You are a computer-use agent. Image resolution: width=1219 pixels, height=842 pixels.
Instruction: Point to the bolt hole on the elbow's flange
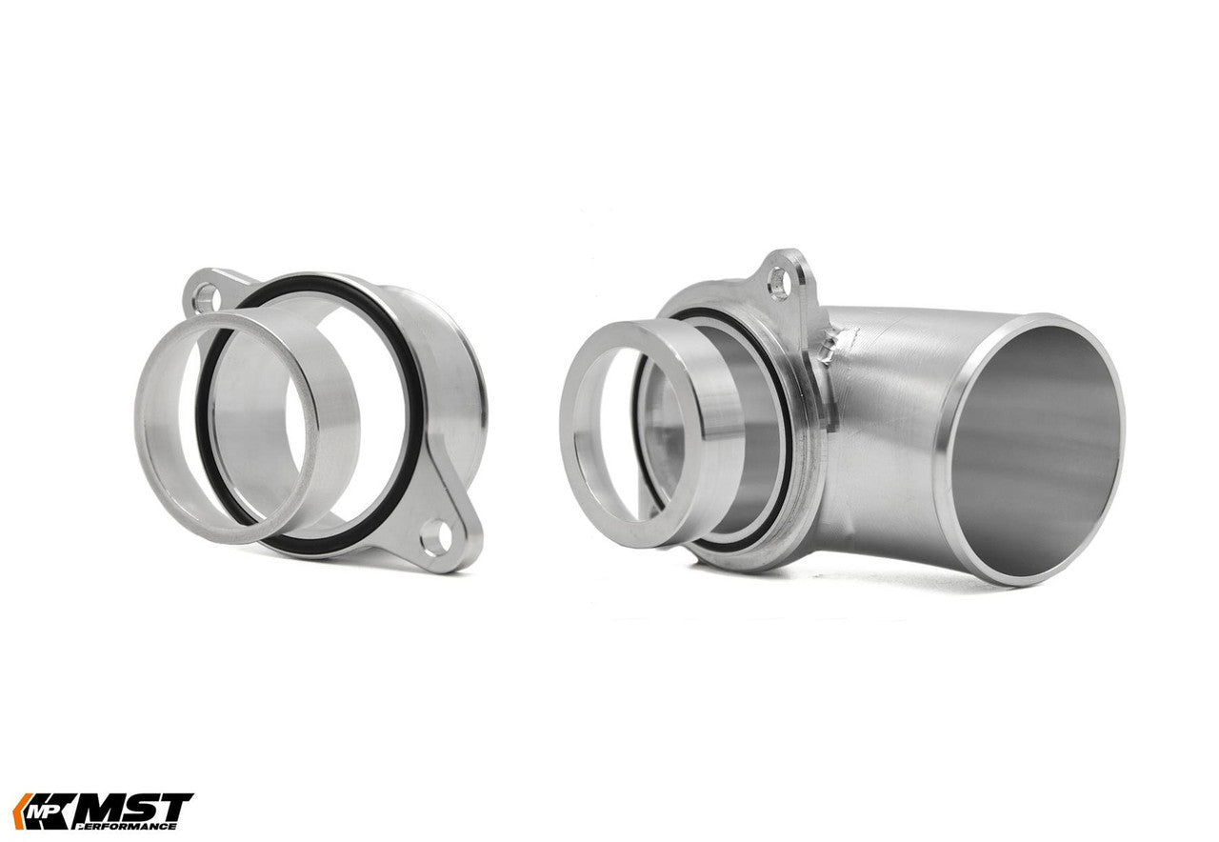click(x=779, y=282)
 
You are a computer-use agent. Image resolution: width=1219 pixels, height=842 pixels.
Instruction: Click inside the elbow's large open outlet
click(x=1033, y=448)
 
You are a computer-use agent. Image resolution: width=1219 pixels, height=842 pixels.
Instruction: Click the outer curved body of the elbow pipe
click(x=886, y=429)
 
